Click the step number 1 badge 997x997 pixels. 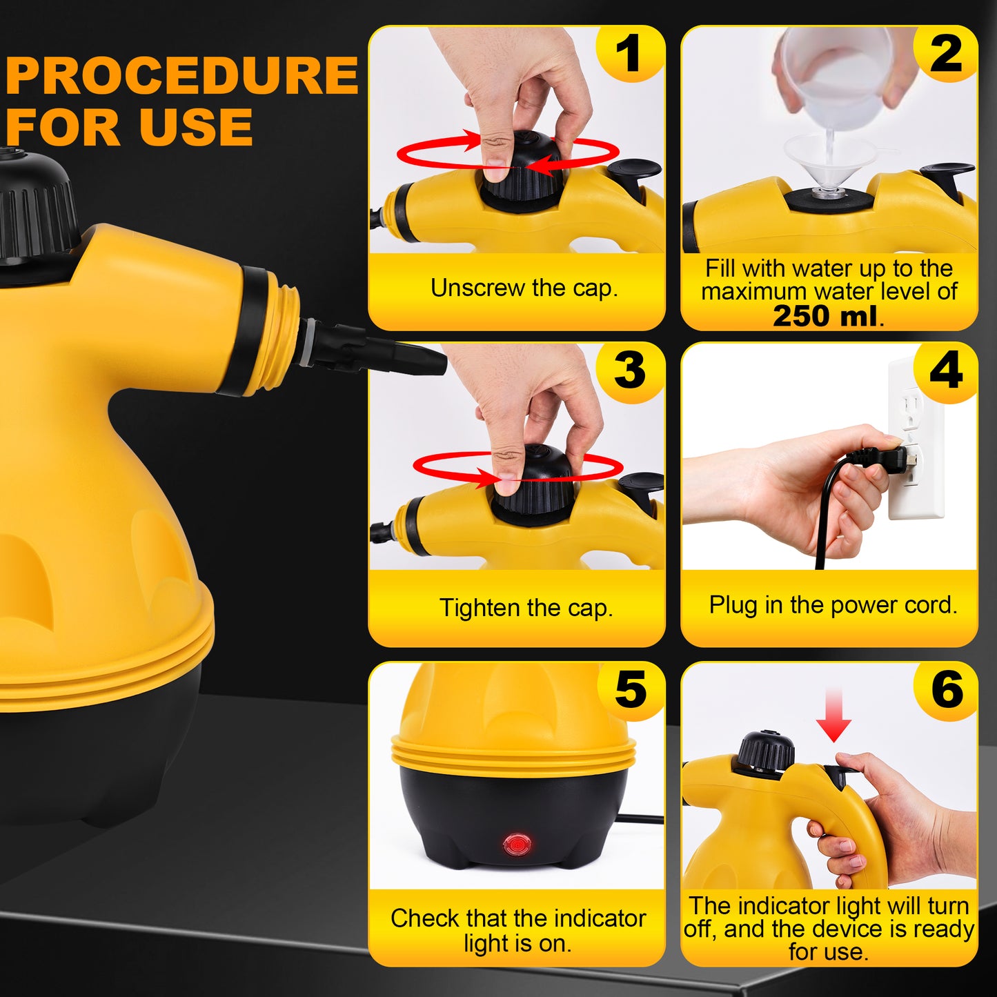(x=629, y=54)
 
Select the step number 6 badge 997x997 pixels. (x=947, y=689)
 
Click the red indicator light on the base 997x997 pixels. (x=516, y=844)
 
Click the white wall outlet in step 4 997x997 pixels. (x=915, y=442)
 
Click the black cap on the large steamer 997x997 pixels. (x=34, y=207)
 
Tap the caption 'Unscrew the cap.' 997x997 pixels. (x=524, y=288)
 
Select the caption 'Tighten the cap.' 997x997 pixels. (x=526, y=608)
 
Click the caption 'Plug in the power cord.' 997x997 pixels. (x=833, y=605)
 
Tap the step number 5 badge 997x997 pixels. (x=630, y=689)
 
